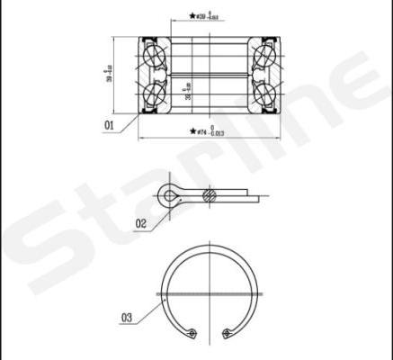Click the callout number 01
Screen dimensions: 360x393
(109, 126)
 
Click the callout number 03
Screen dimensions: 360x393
(126, 317)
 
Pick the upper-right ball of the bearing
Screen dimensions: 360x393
(266, 56)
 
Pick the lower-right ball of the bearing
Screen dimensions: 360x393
(266, 94)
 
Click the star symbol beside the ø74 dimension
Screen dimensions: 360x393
(192, 131)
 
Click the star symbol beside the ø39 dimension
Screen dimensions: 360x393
(192, 16)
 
